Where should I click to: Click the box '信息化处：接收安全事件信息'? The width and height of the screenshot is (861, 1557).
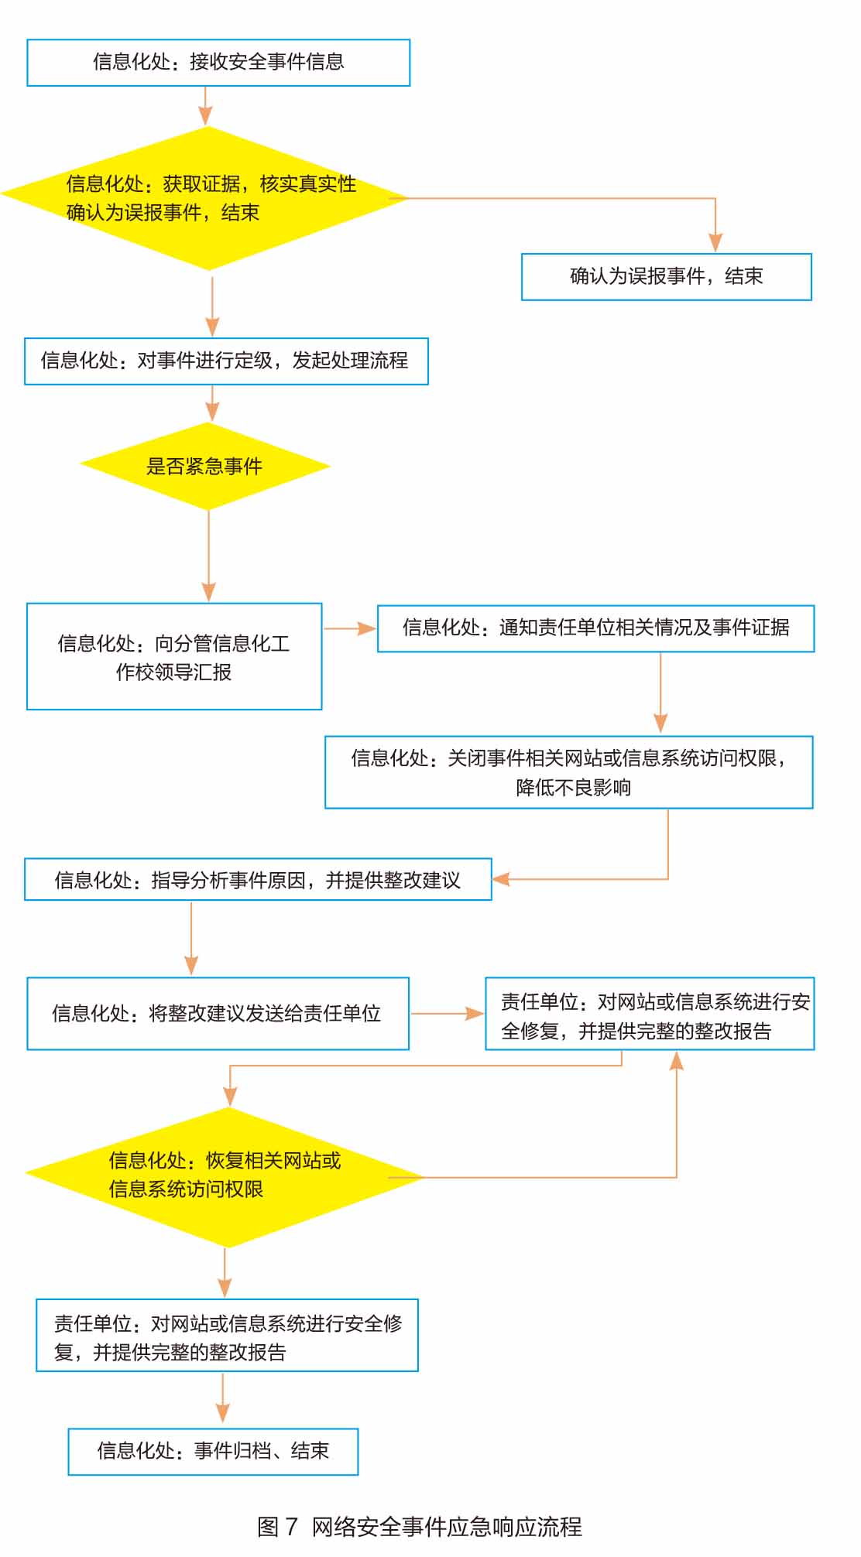click(218, 63)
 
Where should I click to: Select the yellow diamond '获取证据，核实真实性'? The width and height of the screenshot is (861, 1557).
click(205, 198)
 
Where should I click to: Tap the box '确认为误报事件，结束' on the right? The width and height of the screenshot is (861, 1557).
click(667, 276)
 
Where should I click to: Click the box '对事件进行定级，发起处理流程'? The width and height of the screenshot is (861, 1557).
click(226, 361)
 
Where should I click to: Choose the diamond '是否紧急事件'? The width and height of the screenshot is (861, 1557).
click(205, 466)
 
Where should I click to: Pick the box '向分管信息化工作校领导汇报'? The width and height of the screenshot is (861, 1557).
click(174, 656)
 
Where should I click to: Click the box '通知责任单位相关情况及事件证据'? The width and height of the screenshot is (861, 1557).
click(596, 628)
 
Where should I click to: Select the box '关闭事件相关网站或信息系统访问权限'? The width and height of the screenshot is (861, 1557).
click(569, 772)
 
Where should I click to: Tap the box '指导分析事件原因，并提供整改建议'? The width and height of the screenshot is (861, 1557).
click(258, 879)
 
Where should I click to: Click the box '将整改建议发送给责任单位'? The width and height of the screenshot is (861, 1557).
click(218, 1014)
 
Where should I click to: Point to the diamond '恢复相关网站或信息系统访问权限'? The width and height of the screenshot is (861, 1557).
click(225, 1177)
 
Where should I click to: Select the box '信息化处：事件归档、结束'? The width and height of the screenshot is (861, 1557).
click(213, 1452)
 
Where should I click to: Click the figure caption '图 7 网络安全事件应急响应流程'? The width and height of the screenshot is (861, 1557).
click(420, 1527)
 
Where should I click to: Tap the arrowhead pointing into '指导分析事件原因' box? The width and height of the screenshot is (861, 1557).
click(501, 879)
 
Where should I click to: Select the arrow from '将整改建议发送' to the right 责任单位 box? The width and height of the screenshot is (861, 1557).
click(448, 1014)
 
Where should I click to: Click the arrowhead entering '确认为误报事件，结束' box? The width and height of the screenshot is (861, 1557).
click(715, 243)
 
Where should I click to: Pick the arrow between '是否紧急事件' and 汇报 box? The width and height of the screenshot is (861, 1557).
click(208, 556)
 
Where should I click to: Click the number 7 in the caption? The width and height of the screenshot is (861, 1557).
click(291, 1527)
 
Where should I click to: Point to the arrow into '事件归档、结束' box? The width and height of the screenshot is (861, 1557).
click(223, 1399)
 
